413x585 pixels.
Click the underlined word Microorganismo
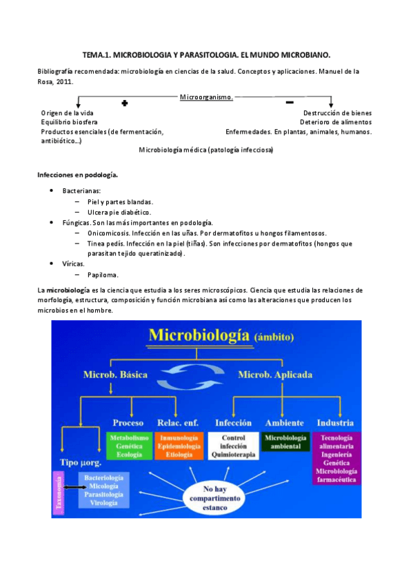click(206, 97)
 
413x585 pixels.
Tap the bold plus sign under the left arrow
click(125, 103)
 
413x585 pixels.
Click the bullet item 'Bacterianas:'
click(81, 190)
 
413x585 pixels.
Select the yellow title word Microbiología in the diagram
click(200, 335)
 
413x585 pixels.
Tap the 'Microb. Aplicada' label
click(275, 375)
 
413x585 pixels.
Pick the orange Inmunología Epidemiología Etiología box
click(179, 446)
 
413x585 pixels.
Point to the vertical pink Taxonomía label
click(59, 493)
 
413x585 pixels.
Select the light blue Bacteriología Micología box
click(103, 490)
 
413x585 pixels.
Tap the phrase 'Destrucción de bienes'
click(337, 112)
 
